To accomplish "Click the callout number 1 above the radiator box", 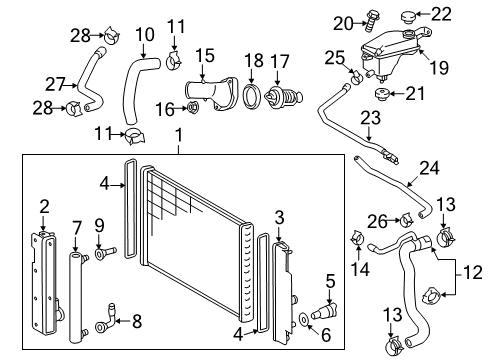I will [x=177, y=135].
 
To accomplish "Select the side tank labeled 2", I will [x=43, y=271].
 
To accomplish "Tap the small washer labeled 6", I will [x=303, y=321].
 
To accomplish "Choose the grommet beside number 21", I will [x=381, y=95].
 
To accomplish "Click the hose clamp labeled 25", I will [x=354, y=74].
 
